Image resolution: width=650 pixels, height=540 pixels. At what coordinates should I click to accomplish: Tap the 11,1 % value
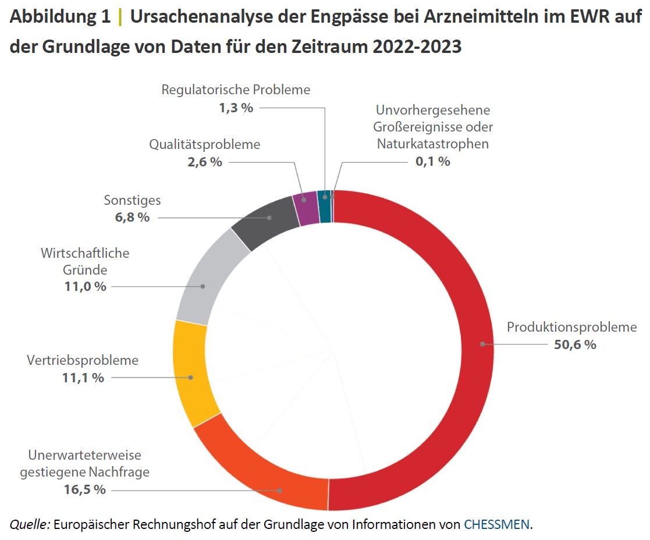tap(83, 378)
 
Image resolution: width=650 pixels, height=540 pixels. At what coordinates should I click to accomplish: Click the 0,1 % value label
tap(432, 162)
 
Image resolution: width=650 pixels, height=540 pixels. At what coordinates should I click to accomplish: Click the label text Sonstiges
tap(132, 200)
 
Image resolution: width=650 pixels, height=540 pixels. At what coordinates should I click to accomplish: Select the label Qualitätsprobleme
tap(204, 144)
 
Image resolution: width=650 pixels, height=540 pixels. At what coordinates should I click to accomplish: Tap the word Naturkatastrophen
tap(432, 143)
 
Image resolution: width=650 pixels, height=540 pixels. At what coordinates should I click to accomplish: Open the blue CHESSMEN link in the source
tap(496, 524)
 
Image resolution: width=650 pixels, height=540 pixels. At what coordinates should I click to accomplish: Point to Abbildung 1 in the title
tap(60, 17)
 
